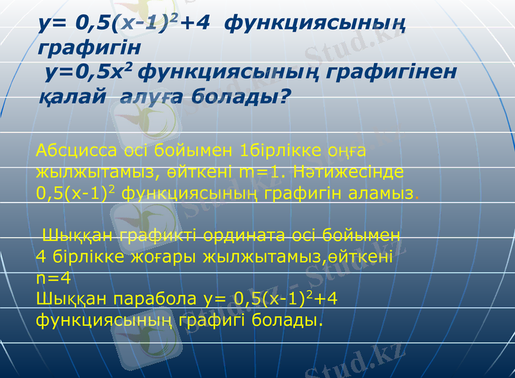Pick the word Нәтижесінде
click(350, 172)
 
